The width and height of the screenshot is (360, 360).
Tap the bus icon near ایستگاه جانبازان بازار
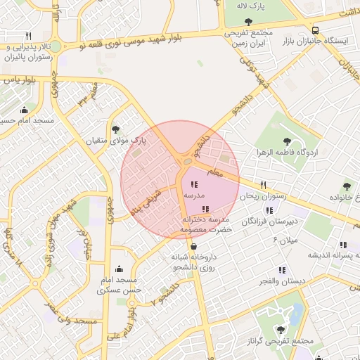tap(315, 30)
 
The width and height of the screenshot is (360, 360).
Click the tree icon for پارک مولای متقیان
tap(115, 129)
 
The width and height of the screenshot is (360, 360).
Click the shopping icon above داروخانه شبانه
tap(193, 246)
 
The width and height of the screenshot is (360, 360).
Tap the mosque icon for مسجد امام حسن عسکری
tap(118, 269)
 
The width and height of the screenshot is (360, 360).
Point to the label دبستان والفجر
tap(283, 281)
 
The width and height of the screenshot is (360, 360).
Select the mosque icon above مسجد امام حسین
tap(25, 110)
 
